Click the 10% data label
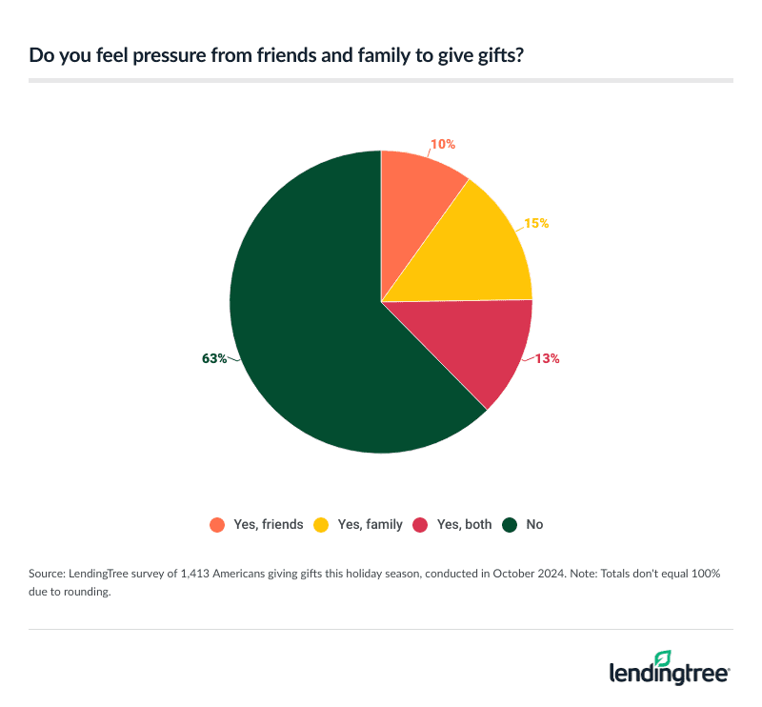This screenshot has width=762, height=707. (443, 145)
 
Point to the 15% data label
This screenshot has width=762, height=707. (536, 224)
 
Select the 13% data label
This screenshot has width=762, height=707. (547, 359)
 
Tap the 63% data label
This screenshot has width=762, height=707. (214, 358)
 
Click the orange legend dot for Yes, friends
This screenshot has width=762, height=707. (217, 524)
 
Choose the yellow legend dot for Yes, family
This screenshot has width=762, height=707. (322, 524)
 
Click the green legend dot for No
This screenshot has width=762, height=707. (511, 524)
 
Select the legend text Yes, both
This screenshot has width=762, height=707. (465, 524)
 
